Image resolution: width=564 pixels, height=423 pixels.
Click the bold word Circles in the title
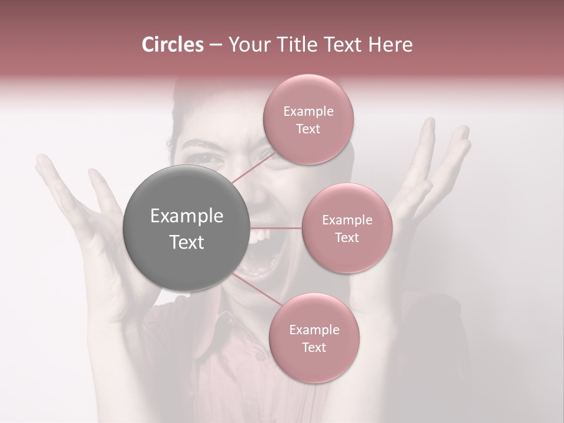click(173, 45)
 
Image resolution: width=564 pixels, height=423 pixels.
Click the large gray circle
click(186, 228)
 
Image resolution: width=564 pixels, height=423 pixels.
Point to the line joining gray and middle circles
click(276, 228)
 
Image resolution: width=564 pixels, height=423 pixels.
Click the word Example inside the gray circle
click(186, 216)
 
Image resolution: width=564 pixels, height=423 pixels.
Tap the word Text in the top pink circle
click(308, 129)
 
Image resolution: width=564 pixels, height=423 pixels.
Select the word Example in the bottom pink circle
click(314, 330)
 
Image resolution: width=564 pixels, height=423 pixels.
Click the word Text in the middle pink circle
click(347, 237)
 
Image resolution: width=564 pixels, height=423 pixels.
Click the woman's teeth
click(258, 237)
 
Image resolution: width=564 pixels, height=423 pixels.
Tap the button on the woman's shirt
click(259, 356)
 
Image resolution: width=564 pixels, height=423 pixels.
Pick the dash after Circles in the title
click(215, 45)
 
